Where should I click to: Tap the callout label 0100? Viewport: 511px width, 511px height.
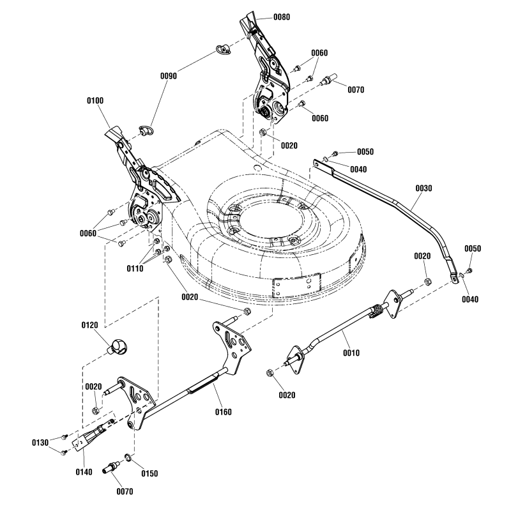(x=95, y=101)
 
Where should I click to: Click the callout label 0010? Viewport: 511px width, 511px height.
(x=351, y=353)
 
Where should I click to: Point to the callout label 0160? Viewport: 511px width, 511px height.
(x=222, y=412)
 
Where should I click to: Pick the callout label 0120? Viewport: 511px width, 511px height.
(x=91, y=325)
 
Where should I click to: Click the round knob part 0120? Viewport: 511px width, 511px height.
(x=118, y=346)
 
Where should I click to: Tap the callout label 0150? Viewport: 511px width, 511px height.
(x=149, y=473)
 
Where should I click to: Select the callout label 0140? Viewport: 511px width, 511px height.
(x=84, y=471)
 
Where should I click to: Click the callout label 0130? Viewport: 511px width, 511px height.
(x=41, y=442)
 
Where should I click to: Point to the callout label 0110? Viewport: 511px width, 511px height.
(x=135, y=269)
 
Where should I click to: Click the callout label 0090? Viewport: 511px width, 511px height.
(x=169, y=75)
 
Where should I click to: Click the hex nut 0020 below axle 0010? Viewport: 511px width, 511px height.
(x=271, y=372)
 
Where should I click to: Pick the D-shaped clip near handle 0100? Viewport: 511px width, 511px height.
(x=146, y=130)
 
